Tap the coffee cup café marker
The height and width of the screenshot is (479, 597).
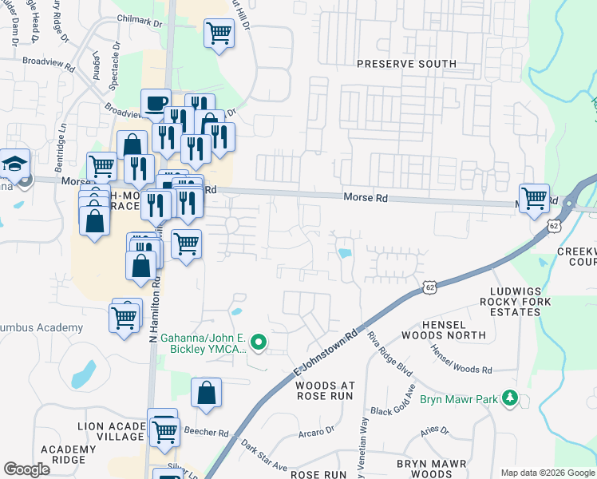point(156,104)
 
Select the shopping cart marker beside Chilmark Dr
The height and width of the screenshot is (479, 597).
point(219,34)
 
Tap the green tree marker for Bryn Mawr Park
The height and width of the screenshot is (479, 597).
point(510,398)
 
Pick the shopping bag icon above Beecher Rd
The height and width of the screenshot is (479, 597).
point(206,393)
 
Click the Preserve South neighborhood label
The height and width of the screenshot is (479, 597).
point(406,64)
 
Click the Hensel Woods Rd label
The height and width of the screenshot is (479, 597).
point(461,358)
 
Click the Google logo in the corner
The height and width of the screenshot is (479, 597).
point(26,469)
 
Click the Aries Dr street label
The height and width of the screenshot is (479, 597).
point(436,432)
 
